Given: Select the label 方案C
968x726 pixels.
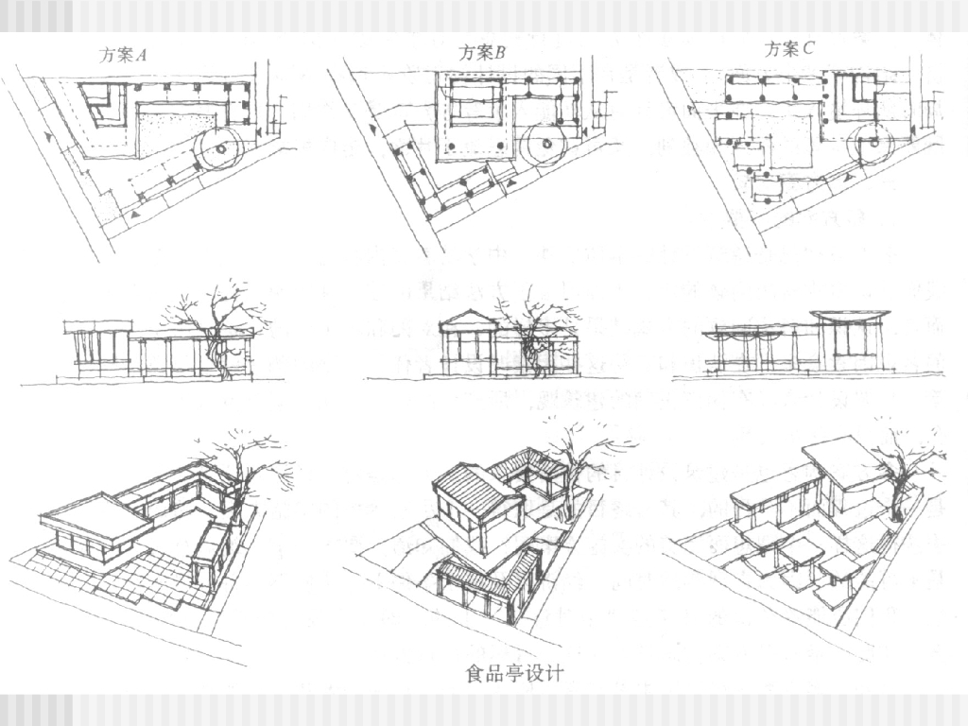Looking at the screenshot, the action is [x=788, y=49].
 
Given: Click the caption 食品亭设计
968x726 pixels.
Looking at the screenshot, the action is [x=514, y=674].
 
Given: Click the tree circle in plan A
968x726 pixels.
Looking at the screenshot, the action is [x=219, y=148].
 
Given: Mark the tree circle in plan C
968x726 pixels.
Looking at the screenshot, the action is [x=870, y=147].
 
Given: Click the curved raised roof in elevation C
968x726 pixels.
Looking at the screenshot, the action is [x=849, y=315].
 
